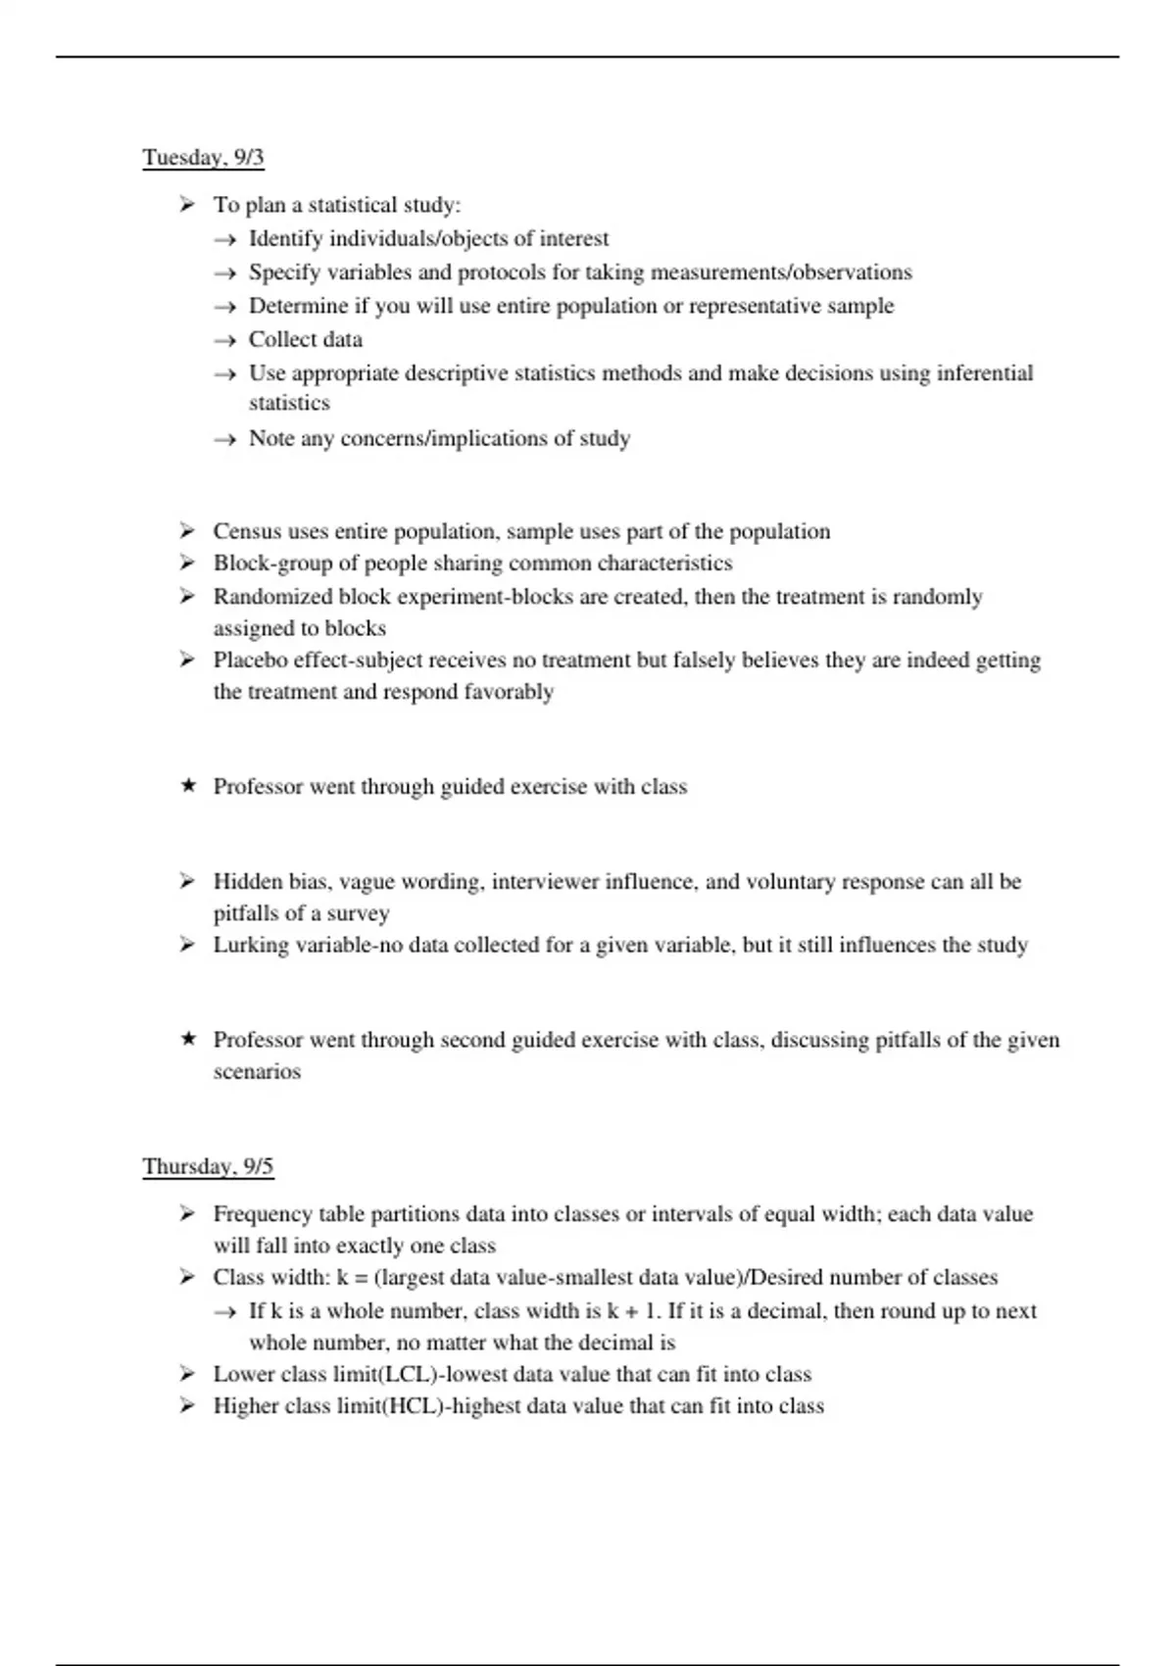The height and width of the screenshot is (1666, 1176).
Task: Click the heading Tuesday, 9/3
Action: tap(203, 158)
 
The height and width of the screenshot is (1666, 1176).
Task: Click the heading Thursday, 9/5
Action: tap(208, 1166)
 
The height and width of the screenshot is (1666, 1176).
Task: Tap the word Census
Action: tap(245, 531)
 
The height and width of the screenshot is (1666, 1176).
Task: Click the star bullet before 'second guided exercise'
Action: tap(188, 1039)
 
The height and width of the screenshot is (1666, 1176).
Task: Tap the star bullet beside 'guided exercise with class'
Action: tap(188, 786)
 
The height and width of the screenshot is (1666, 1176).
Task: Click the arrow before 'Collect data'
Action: tap(224, 341)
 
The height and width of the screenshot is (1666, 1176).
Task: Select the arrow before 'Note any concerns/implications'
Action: tap(224, 440)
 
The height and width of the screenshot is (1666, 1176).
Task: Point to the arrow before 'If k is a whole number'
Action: tap(224, 1312)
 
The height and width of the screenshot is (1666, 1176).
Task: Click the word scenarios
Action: tap(257, 1071)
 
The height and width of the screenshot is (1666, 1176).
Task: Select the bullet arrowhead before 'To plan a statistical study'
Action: tap(187, 204)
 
